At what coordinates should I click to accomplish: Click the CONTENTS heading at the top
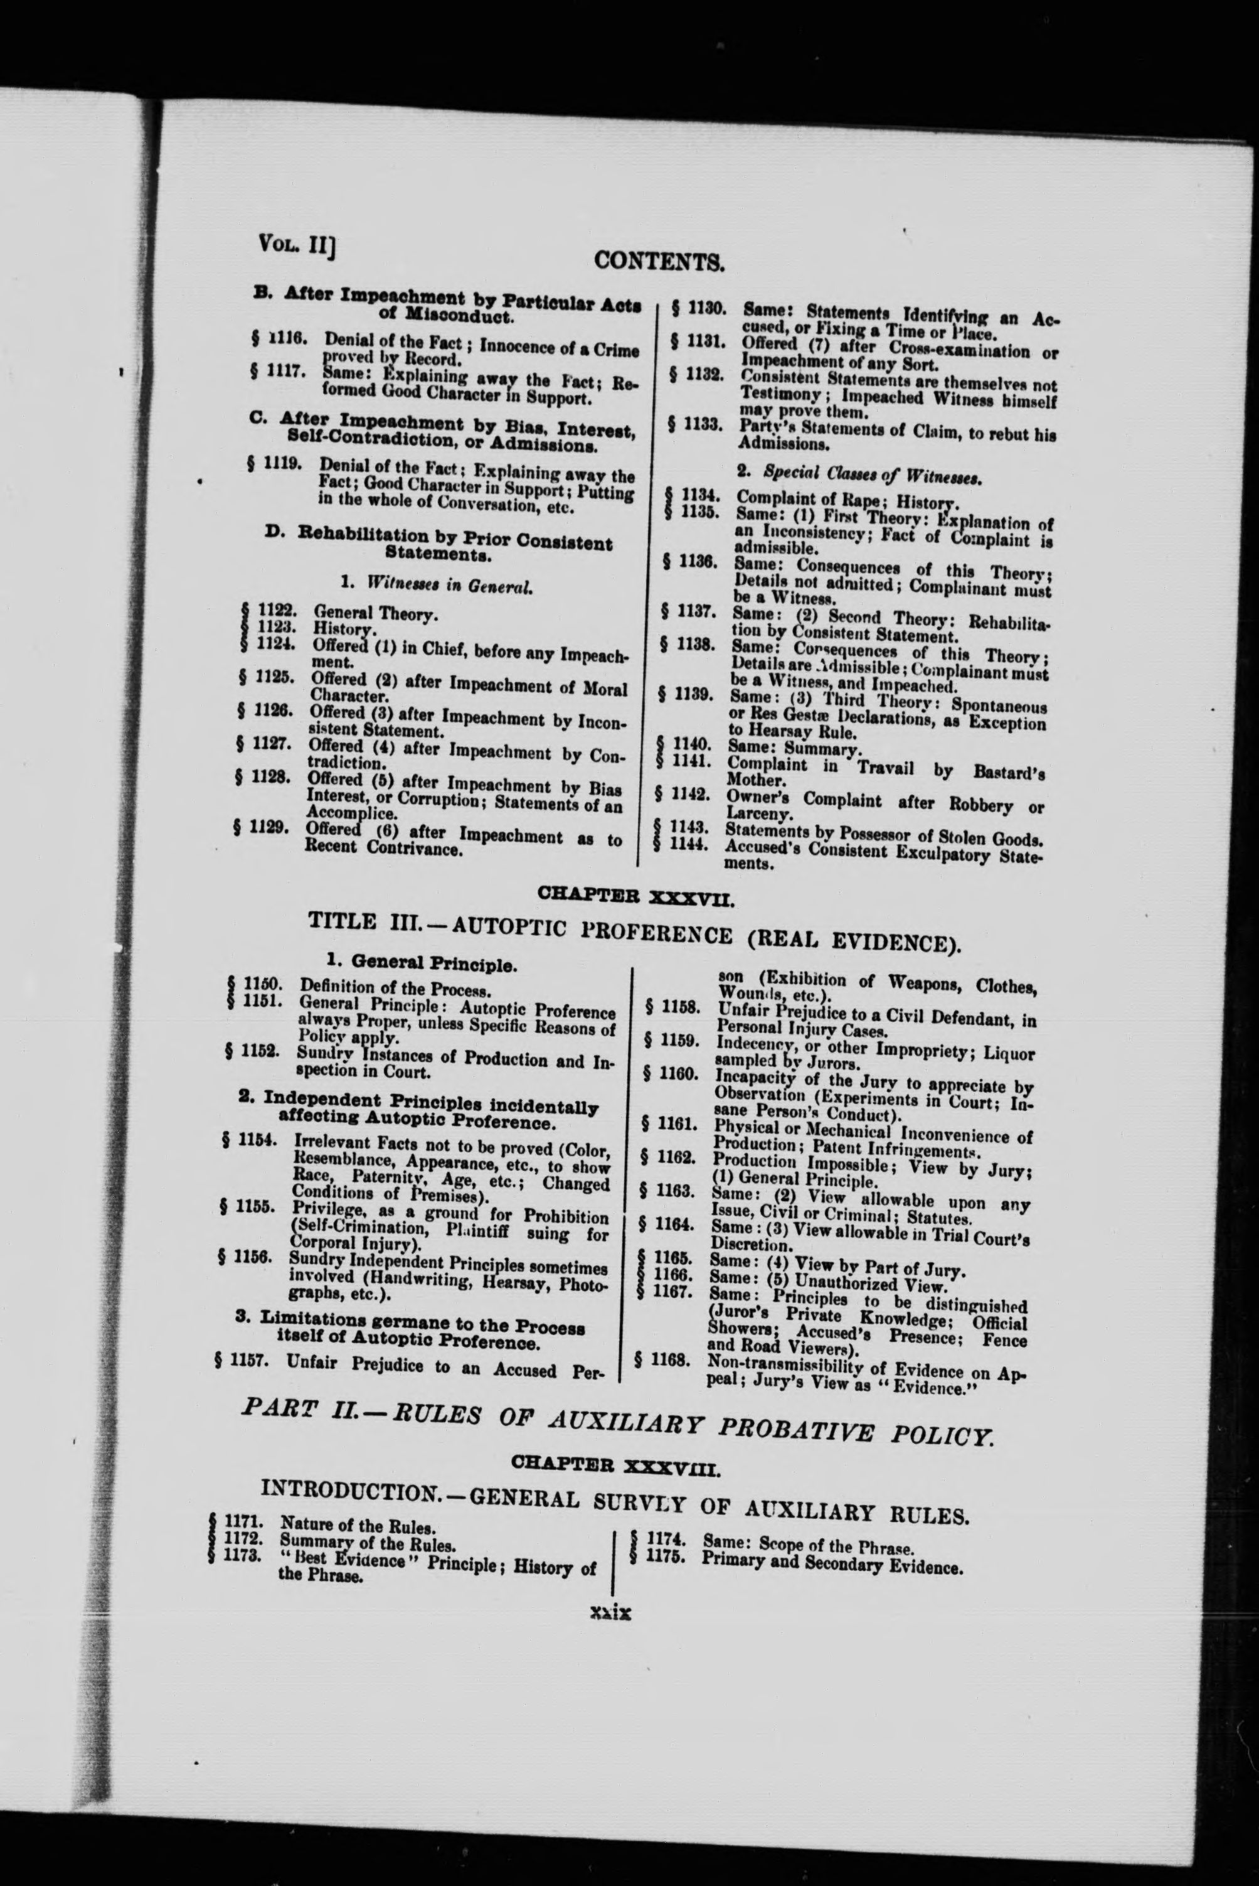[x=659, y=260]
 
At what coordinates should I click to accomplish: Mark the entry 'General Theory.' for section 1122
[x=375, y=614]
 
